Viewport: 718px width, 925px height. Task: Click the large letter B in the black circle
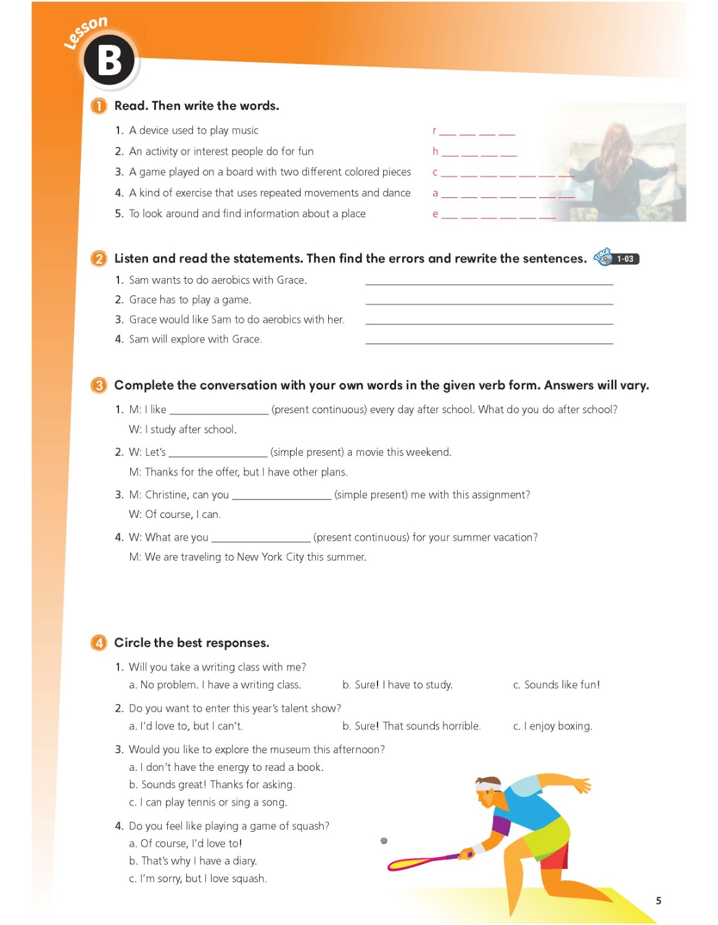110,61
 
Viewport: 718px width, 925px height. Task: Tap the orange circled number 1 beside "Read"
99,106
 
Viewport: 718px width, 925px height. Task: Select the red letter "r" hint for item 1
434,131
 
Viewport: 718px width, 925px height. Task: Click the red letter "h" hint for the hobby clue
435,152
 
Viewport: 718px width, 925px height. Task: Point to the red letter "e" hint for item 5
435,214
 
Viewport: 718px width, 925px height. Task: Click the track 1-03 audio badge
617,258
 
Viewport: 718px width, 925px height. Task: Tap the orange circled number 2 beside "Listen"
99,259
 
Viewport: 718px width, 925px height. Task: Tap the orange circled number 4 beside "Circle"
99,643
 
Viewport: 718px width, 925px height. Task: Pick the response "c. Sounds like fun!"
556,685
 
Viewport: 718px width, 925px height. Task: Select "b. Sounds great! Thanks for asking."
212,785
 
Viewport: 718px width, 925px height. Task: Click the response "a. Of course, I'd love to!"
186,844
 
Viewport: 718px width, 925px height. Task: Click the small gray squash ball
384,841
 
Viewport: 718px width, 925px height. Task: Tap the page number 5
659,901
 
